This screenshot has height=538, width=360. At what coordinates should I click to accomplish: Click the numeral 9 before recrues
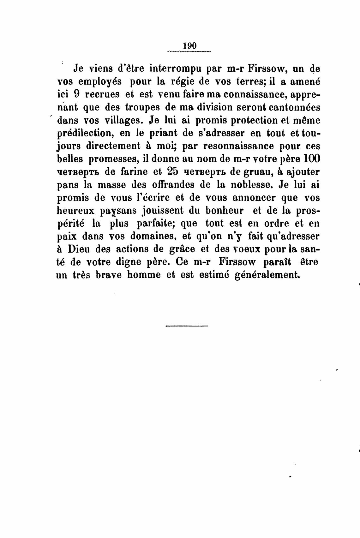point(76,94)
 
